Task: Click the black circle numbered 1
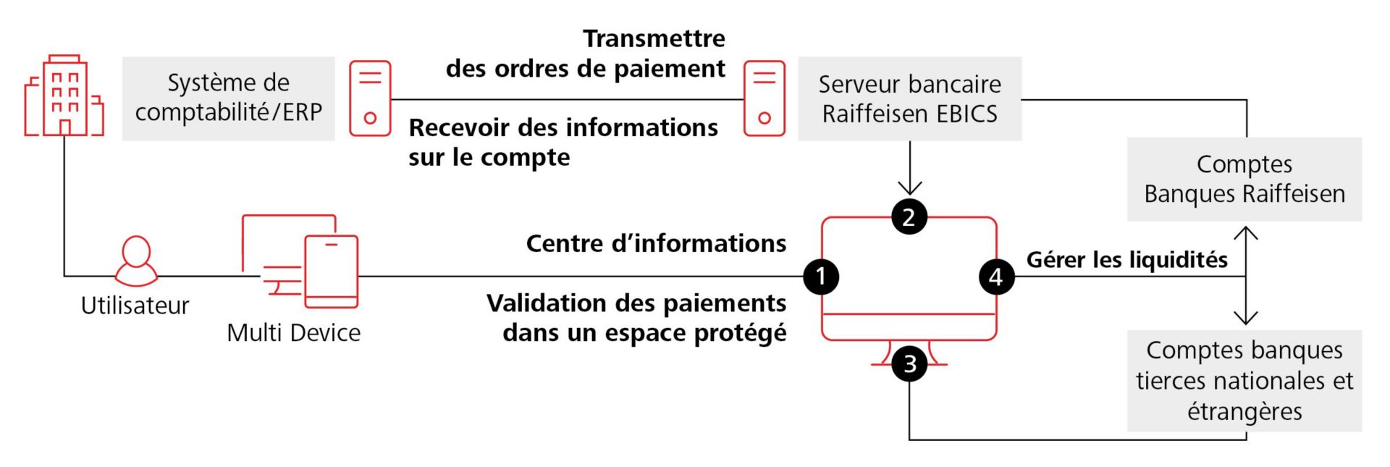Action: [x=821, y=276]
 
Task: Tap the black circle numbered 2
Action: [x=909, y=216]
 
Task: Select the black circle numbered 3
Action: [x=909, y=363]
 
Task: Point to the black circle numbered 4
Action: [x=996, y=276]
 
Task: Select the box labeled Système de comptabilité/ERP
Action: [x=228, y=98]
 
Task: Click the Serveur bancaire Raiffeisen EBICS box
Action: [x=909, y=98]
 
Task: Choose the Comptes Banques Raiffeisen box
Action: [x=1244, y=179]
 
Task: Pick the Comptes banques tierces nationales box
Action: [x=1244, y=381]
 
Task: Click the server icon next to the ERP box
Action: [x=370, y=98]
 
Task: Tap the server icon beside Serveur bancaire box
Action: [x=764, y=98]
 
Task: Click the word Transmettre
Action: [x=654, y=38]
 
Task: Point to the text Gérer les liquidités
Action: [x=1126, y=259]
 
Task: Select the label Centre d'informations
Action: [x=656, y=243]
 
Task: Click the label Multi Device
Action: [x=293, y=332]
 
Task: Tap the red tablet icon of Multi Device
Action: [x=332, y=272]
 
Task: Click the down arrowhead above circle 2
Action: [x=909, y=190]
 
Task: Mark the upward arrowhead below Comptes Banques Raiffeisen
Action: [x=1245, y=232]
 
